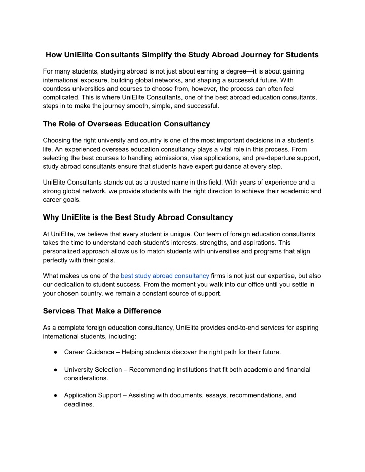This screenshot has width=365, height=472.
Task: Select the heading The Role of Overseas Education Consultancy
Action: [x=127, y=124]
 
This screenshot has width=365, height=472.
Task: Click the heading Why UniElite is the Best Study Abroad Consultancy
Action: [x=138, y=217]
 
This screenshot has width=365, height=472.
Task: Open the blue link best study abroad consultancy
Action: [x=165, y=275]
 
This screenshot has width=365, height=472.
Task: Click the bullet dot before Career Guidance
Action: [x=53, y=351]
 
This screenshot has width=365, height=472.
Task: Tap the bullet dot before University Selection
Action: [x=53, y=370]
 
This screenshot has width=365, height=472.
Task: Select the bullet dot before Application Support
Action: [x=53, y=395]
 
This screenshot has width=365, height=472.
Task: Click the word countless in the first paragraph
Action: [x=58, y=88]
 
